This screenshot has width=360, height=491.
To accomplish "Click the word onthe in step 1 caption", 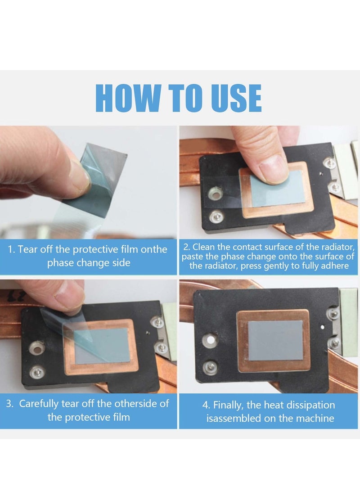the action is pyautogui.click(x=154, y=249).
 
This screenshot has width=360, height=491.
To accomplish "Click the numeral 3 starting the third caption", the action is pyautogui.click(x=9, y=404).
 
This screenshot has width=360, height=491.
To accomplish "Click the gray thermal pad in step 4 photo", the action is pyautogui.click(x=275, y=340).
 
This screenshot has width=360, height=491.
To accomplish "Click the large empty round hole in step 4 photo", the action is pyautogui.click(x=210, y=340).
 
